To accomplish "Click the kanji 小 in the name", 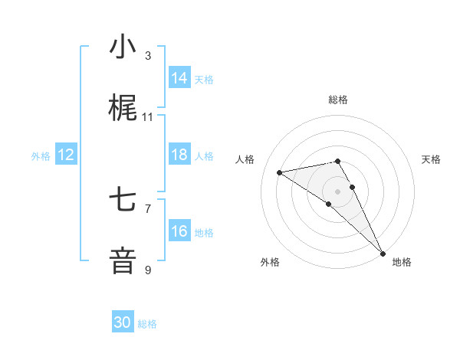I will click(x=123, y=47).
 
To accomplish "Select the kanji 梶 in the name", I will click(x=123, y=109).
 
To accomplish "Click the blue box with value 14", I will click(x=179, y=78).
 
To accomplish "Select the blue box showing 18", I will click(x=179, y=155).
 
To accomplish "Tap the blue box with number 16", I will click(x=179, y=231).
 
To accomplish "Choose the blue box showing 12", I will click(x=66, y=155).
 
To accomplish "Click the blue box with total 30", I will click(x=123, y=322).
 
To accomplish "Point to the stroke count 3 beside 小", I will click(x=148, y=56).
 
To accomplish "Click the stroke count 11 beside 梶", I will click(x=148, y=117).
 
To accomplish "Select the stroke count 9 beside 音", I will click(x=148, y=270).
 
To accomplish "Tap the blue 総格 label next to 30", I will click(x=147, y=324).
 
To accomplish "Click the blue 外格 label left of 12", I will click(x=41, y=156).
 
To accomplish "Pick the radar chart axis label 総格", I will click(x=338, y=100).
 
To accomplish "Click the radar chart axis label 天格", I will click(x=431, y=159).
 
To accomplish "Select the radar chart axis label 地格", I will click(x=402, y=262).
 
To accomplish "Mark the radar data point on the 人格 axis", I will click(x=279, y=172).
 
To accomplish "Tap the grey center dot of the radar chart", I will click(x=338, y=191).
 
